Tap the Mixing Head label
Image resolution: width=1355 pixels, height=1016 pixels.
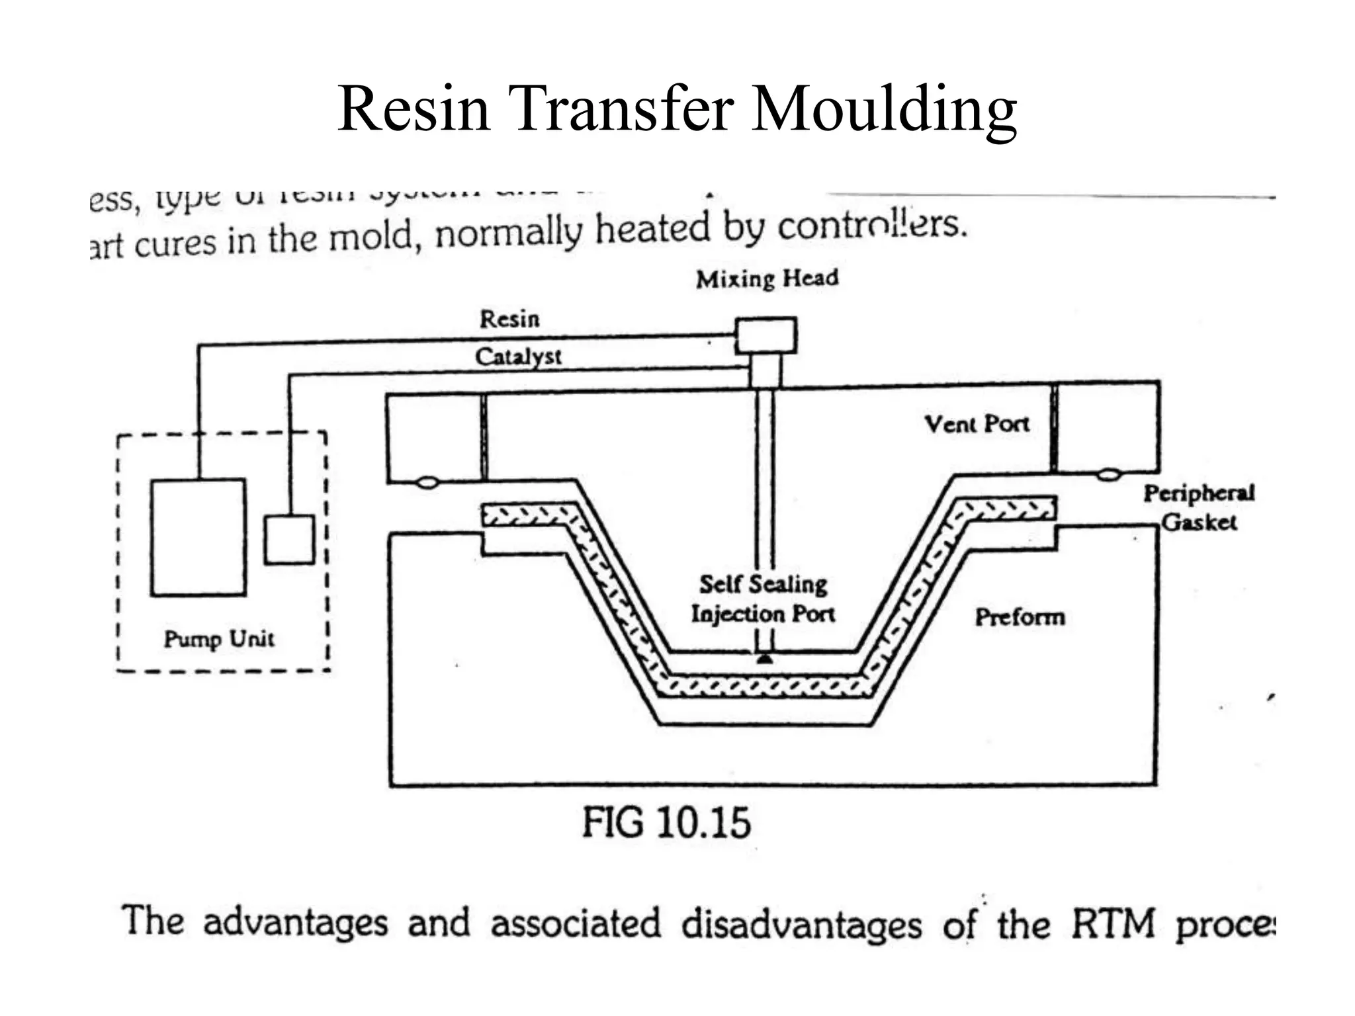pyautogui.click(x=767, y=278)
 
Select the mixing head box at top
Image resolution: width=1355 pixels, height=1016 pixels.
pyautogui.click(x=766, y=335)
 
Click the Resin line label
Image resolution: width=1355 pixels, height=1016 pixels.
pyautogui.click(x=509, y=319)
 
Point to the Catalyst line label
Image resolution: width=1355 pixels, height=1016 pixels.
pyautogui.click(x=518, y=357)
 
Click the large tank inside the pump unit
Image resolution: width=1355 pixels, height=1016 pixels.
pyautogui.click(x=198, y=537)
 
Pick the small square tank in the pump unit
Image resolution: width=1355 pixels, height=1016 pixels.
pyautogui.click(x=289, y=540)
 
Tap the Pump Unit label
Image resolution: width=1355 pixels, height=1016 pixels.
pyautogui.click(x=219, y=639)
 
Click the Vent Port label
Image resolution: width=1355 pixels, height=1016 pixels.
pyautogui.click(x=977, y=424)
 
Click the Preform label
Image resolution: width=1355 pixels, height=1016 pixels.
pyautogui.click(x=1020, y=617)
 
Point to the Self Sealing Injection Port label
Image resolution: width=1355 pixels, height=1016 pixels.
pyautogui.click(x=763, y=599)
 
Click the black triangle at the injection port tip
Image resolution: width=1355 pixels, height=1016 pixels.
pyautogui.click(x=765, y=659)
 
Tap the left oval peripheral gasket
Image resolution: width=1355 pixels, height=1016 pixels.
pyautogui.click(x=427, y=483)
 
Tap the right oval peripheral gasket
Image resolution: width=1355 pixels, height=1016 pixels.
pyautogui.click(x=1108, y=474)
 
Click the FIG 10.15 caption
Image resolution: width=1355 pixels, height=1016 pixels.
pyautogui.click(x=666, y=823)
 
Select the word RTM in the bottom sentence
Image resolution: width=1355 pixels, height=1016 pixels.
pyautogui.click(x=1113, y=923)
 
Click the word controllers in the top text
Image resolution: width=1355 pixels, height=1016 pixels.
pyautogui.click(x=871, y=226)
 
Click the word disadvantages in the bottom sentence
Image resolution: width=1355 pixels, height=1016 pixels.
pyautogui.click(x=801, y=924)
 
